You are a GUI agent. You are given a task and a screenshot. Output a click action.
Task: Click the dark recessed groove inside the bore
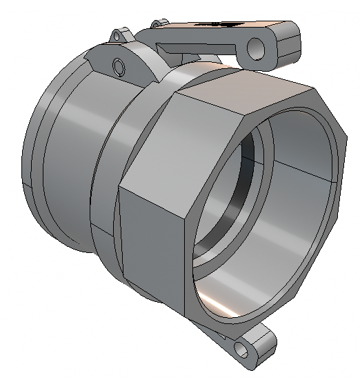(238, 186)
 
